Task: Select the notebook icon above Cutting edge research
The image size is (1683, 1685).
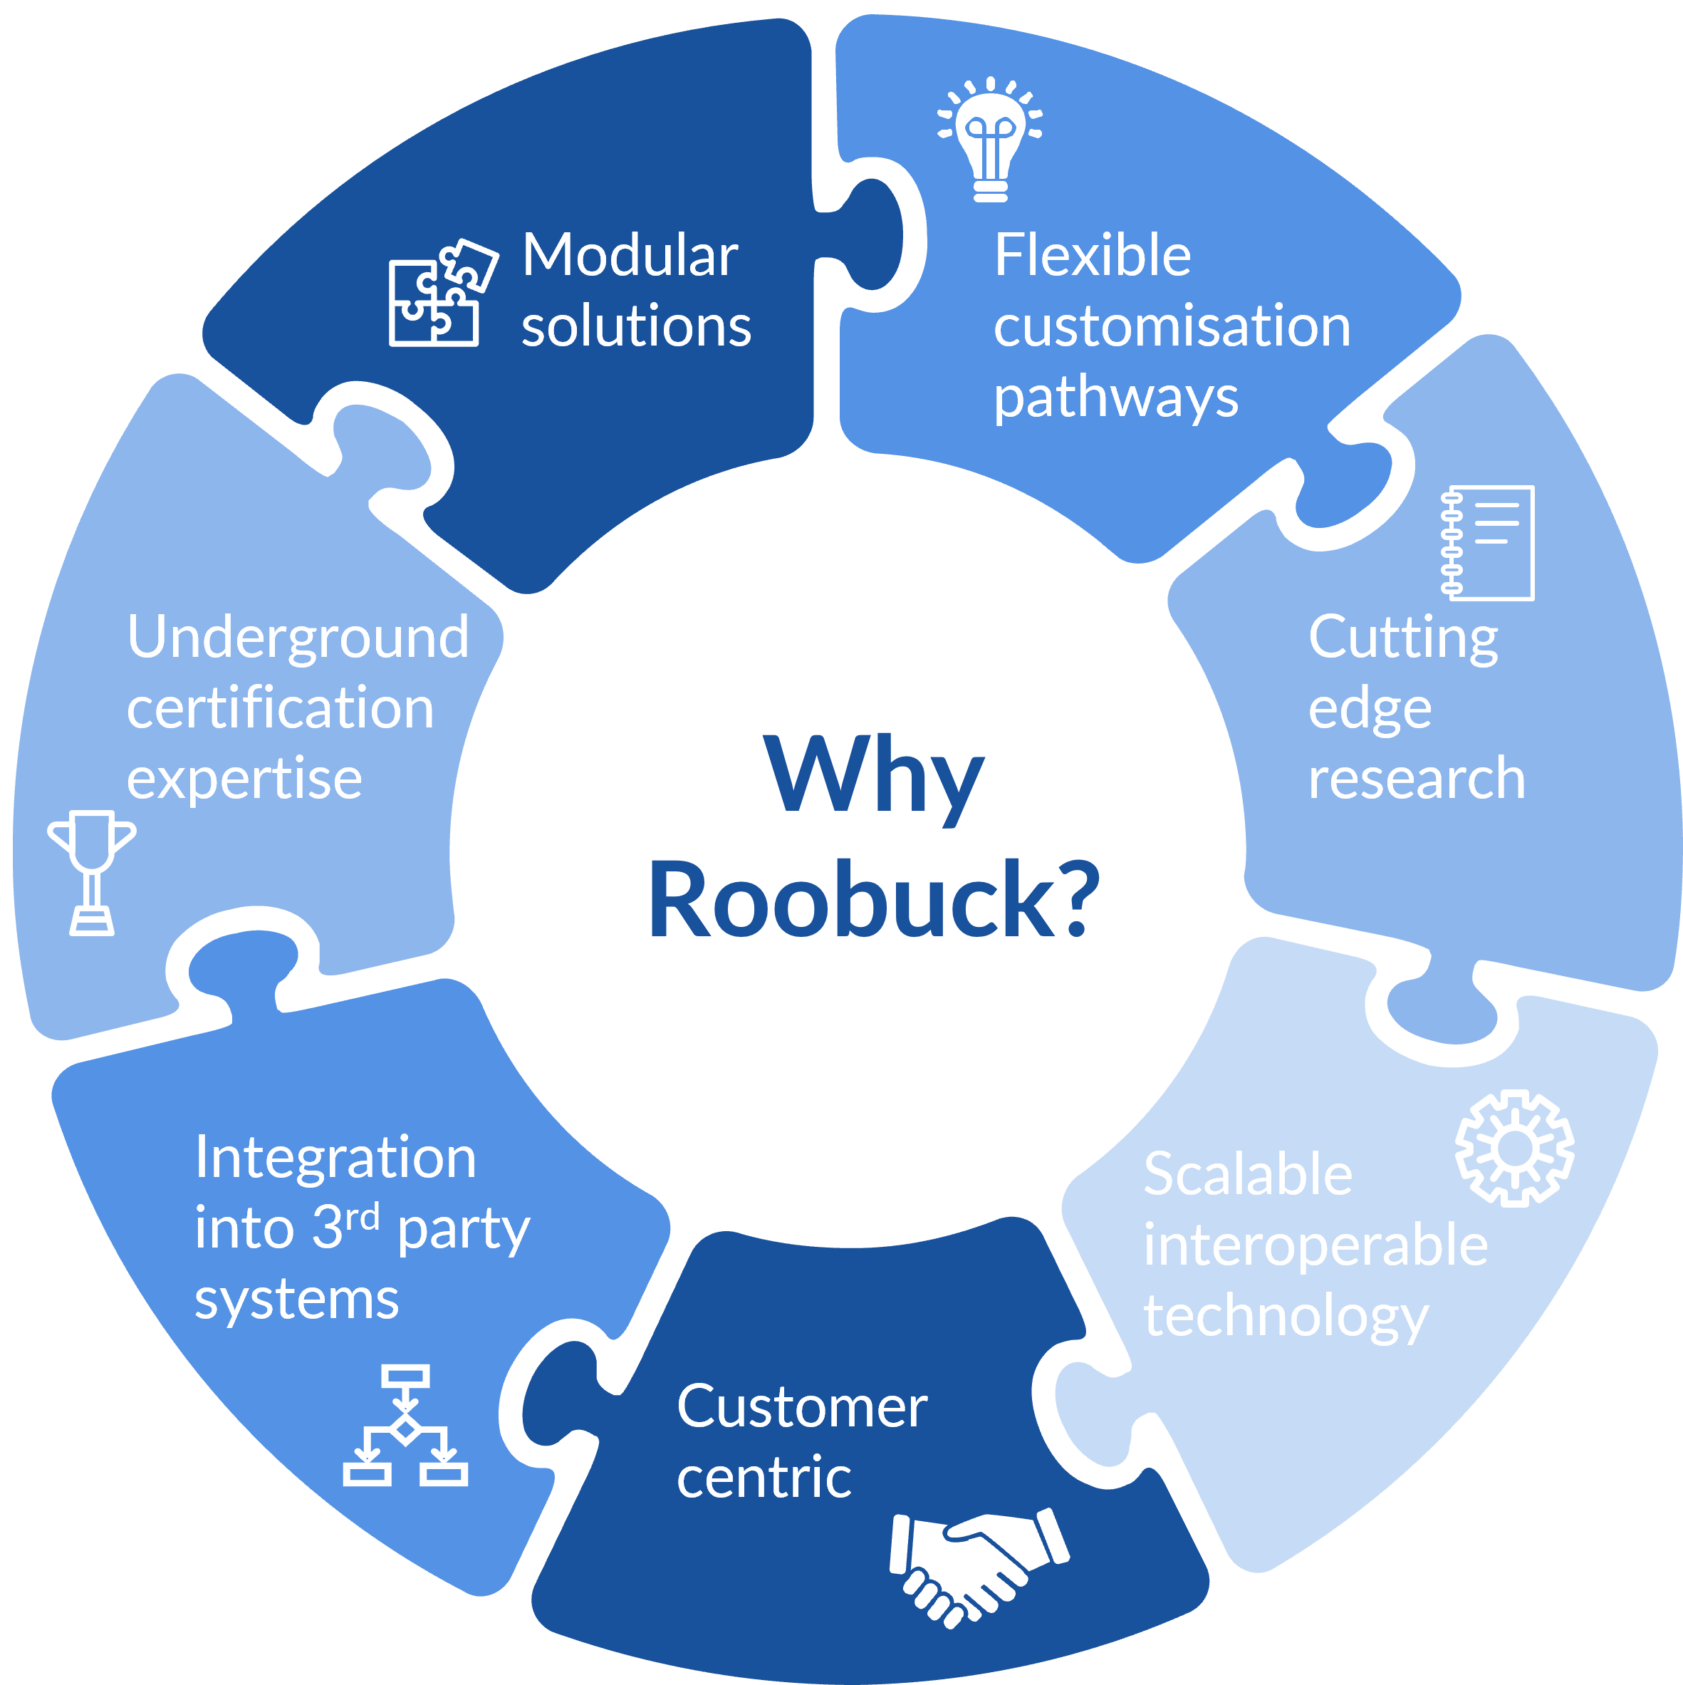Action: click(1487, 542)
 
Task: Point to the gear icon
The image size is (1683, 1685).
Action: click(1515, 1149)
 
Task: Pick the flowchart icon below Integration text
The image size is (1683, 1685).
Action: click(405, 1426)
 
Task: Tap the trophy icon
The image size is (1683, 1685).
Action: click(92, 872)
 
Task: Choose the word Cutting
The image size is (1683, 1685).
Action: click(1403, 638)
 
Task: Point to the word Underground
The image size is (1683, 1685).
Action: click(298, 637)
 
